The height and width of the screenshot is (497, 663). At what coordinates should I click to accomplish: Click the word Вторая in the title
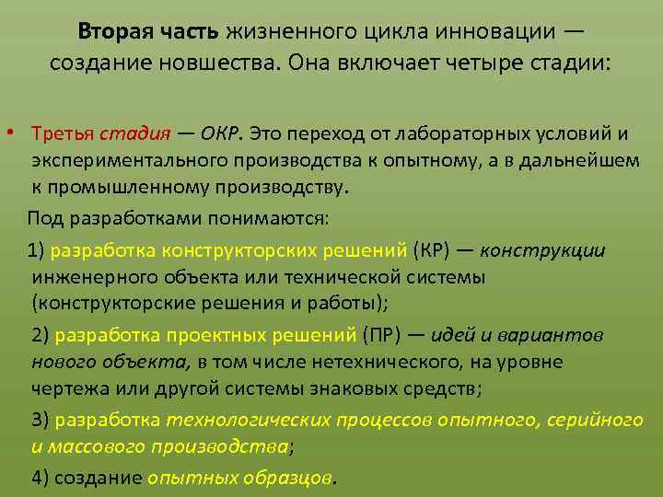114,31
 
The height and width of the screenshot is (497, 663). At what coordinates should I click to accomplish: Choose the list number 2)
41,335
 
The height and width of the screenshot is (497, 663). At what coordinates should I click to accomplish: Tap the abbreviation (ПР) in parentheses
391,335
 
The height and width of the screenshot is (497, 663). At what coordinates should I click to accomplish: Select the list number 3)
41,420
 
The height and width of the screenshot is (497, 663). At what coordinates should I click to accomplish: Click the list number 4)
41,477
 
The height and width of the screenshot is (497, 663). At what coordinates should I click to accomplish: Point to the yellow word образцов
297,477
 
